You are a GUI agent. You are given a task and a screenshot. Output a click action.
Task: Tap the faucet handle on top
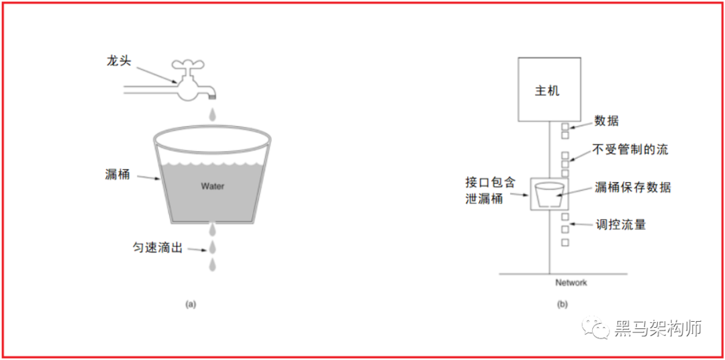click(x=189, y=66)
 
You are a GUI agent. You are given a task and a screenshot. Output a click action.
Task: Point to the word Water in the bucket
click(x=213, y=186)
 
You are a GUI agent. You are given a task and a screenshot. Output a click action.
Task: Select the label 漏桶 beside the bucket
click(x=117, y=174)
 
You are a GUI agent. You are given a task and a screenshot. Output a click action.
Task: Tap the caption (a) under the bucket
click(x=191, y=304)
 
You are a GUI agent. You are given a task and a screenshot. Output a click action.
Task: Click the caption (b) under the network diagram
click(x=563, y=304)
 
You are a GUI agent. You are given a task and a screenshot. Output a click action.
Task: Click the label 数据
click(x=606, y=121)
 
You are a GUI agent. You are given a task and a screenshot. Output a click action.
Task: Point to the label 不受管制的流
click(x=630, y=149)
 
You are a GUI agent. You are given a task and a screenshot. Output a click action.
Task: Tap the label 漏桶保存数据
click(x=632, y=187)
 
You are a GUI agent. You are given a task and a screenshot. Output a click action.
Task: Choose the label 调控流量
click(x=620, y=224)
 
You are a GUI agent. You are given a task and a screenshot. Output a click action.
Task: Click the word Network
click(x=571, y=283)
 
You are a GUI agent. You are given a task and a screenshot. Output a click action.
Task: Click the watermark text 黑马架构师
click(x=658, y=329)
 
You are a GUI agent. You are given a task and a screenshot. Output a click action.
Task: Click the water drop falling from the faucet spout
click(x=213, y=116)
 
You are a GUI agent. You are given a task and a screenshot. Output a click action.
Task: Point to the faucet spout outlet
click(x=213, y=98)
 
